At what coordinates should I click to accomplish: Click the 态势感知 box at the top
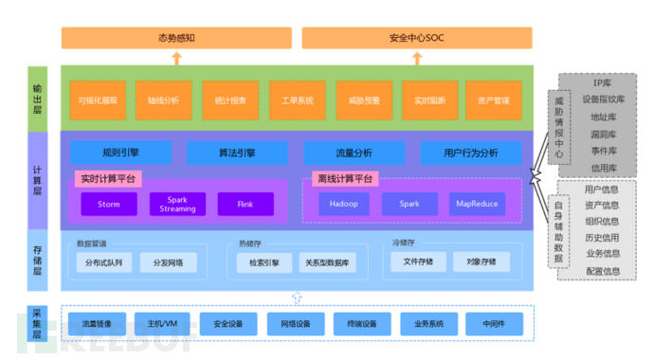coord(176,39)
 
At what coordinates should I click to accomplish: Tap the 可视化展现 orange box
coord(98,99)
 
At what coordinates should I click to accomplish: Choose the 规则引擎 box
coord(120,152)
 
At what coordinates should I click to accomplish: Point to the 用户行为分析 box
coord(470,152)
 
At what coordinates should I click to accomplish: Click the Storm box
coord(108,204)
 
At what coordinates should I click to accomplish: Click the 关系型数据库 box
coord(327,262)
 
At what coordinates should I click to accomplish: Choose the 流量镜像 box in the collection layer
coord(96,323)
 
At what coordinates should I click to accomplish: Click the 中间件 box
coord(493,323)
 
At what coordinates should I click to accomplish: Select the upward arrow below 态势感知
coord(176,58)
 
